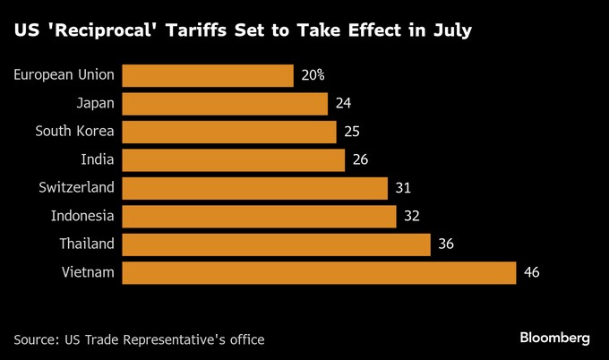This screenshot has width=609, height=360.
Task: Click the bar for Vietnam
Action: pyautogui.click(x=318, y=272)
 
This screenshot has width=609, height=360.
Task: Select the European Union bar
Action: pyautogui.click(x=207, y=75)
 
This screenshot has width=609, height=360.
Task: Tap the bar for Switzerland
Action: pyautogui.click(x=254, y=188)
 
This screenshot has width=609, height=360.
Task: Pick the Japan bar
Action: pyautogui.click(x=224, y=104)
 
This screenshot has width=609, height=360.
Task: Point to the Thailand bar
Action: pyautogui.click(x=276, y=244)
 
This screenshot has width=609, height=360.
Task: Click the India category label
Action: pyautogui.click(x=98, y=159)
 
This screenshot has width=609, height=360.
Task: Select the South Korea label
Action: pyautogui.click(x=75, y=132)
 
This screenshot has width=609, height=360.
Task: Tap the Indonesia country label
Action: pyautogui.click(x=82, y=216)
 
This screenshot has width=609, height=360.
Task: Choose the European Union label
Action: pyautogui.click(x=64, y=75)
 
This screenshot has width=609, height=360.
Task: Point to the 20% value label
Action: pyautogui.click(x=313, y=75)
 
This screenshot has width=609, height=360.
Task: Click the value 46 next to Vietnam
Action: pyautogui.click(x=531, y=272)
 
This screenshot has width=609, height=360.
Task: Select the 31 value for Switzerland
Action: pyautogui.click(x=403, y=188)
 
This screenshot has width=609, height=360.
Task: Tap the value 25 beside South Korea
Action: pyautogui.click(x=352, y=132)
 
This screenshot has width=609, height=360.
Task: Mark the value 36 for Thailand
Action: pyautogui.click(x=446, y=244)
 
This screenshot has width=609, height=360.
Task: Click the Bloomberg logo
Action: pyautogui.click(x=554, y=338)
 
